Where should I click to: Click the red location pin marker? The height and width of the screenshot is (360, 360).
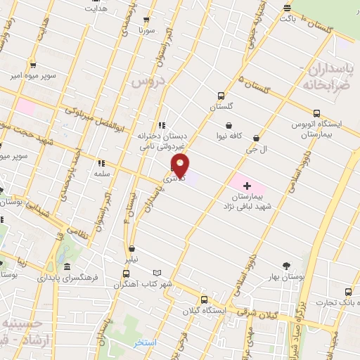(181, 166)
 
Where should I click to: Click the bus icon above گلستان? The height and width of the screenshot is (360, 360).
(221, 96)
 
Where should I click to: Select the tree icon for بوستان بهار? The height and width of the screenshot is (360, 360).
(285, 265)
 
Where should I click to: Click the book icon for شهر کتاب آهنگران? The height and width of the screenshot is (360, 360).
(157, 273)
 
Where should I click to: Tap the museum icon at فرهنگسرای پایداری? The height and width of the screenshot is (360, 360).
(66, 267)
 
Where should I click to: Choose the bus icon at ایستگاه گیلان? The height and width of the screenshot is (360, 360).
(204, 299)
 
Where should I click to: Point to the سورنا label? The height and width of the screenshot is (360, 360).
(145, 31)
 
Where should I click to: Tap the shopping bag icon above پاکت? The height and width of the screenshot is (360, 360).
(286, 8)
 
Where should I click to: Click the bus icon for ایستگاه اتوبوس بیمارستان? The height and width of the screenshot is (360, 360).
(316, 112)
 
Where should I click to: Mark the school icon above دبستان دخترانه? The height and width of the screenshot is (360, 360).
(161, 125)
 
